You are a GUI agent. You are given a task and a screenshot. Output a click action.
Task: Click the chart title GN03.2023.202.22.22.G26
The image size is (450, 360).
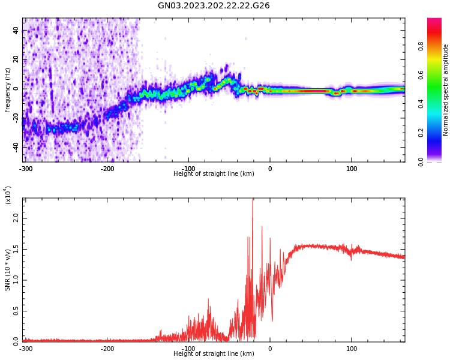(x=214, y=6)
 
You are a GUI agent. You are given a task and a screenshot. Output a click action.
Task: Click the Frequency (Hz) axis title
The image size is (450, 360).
(x=8, y=90)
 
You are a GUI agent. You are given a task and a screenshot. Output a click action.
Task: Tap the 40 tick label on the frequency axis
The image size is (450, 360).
(x=16, y=31)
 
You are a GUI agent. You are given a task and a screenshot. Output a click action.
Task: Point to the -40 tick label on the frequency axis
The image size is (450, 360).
(x=14, y=147)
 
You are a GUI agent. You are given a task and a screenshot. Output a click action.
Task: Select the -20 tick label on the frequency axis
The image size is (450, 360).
(x=14, y=118)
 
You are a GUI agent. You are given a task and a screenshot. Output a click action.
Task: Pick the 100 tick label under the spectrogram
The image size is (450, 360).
(x=352, y=169)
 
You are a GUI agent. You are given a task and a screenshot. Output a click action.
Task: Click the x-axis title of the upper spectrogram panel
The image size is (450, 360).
(x=214, y=174)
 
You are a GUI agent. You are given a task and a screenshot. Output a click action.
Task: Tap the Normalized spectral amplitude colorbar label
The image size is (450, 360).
(x=446, y=90)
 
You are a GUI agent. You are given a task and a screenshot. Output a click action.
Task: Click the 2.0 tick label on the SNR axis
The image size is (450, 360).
(x=14, y=218)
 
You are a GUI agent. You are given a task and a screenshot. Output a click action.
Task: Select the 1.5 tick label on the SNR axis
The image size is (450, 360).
(x=14, y=248)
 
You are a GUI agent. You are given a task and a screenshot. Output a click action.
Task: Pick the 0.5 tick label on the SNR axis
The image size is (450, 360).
(x=14, y=310)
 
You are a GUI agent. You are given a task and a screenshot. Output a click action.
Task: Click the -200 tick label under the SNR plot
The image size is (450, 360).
(x=107, y=349)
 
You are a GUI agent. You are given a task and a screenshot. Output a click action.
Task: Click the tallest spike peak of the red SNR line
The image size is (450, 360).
(x=253, y=200)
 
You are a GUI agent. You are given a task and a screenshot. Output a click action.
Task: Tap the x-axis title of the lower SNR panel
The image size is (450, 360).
(x=214, y=354)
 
